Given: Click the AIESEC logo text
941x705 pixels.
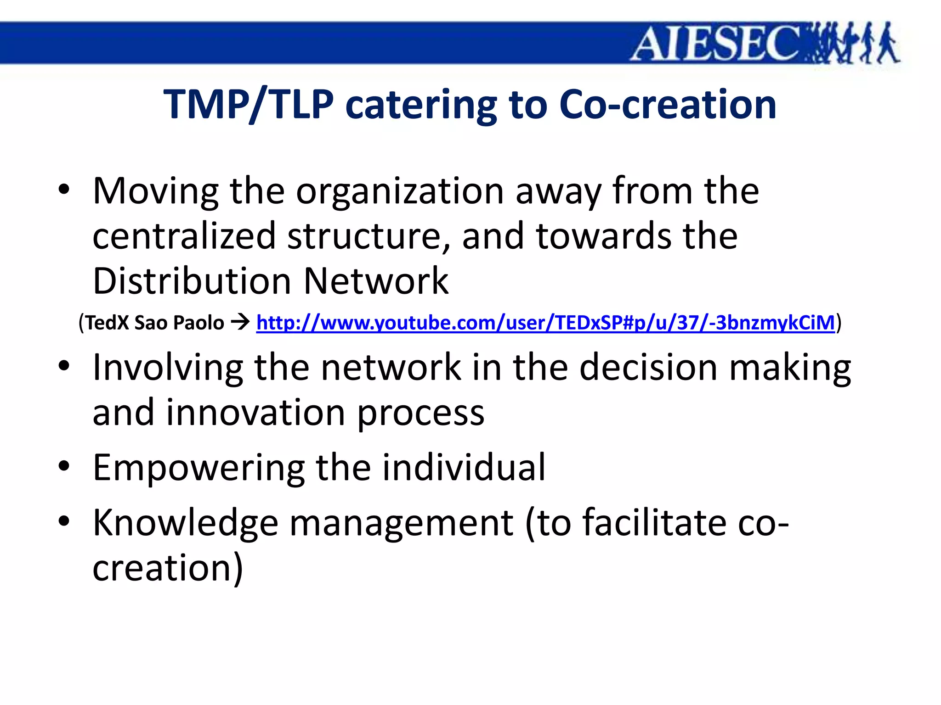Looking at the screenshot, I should tap(717, 44).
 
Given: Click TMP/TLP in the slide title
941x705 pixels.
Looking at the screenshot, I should tap(248, 105).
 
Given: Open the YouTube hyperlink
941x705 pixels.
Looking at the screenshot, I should tap(545, 323).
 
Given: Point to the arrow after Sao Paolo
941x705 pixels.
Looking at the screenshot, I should tap(240, 323).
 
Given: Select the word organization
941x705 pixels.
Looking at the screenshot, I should tap(400, 192).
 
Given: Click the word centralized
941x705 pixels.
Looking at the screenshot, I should tap(184, 236).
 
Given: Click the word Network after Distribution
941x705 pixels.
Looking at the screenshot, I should tap(376, 281).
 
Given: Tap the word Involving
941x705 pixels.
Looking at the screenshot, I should tap(168, 368).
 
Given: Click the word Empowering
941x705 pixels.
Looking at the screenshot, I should tap(198, 468).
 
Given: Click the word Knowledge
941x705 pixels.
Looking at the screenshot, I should tap(185, 523).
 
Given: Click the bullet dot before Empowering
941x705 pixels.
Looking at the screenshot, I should tap(64, 466).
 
